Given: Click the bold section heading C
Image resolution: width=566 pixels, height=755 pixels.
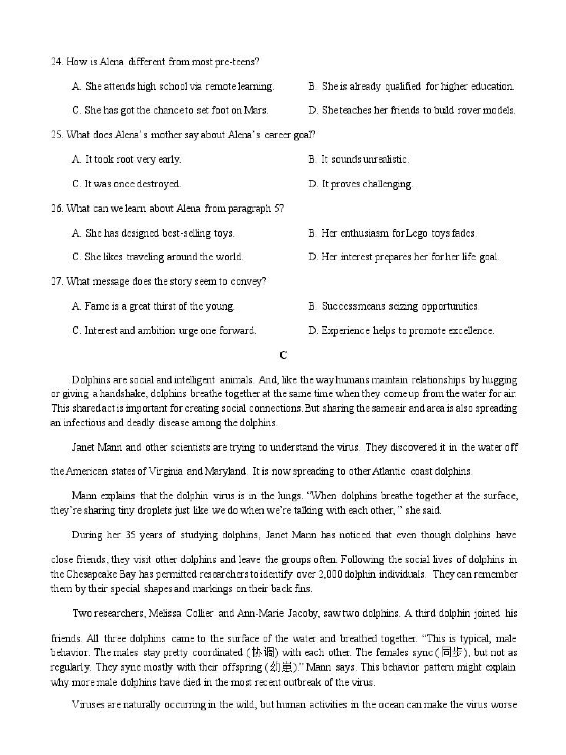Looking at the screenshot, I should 283,355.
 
